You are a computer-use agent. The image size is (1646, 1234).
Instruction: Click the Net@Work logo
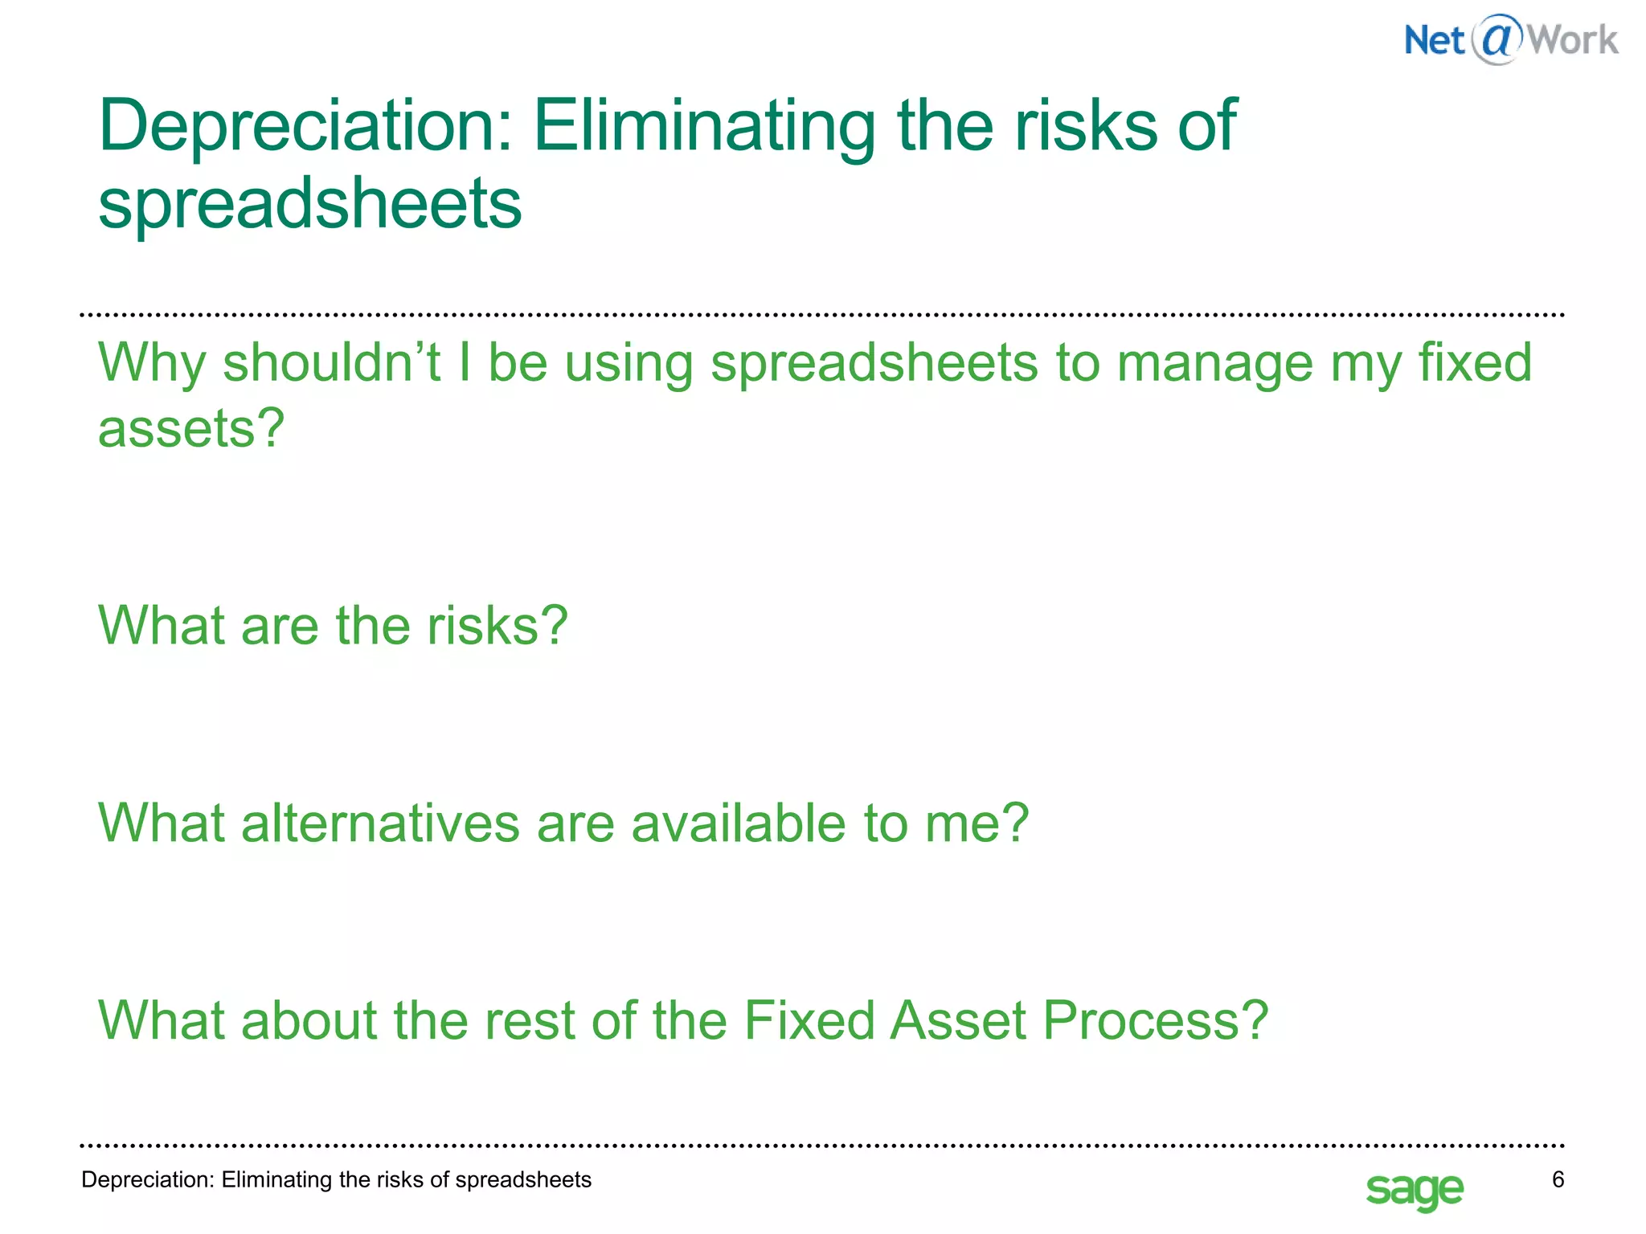pyautogui.click(x=1511, y=39)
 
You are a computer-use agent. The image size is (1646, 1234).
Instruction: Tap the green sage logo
pyautogui.click(x=1415, y=1190)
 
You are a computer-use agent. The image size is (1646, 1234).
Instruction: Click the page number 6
pyautogui.click(x=1558, y=1179)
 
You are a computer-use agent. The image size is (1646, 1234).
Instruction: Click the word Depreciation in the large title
pyautogui.click(x=305, y=126)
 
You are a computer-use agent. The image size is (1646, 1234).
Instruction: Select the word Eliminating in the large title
pyautogui.click(x=704, y=126)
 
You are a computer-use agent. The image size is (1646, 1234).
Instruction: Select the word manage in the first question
pyautogui.click(x=1214, y=363)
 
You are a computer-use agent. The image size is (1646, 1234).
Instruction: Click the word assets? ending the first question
pyautogui.click(x=191, y=428)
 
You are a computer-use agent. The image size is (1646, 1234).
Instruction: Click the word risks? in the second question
pyautogui.click(x=497, y=626)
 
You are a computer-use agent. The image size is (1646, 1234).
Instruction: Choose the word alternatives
pyautogui.click(x=380, y=823)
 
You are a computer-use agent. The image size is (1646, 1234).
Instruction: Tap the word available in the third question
pyautogui.click(x=738, y=823)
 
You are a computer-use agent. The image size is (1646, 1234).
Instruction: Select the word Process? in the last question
pyautogui.click(x=1155, y=1020)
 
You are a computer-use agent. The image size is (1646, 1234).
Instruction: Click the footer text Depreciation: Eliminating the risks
pyautogui.click(x=336, y=1179)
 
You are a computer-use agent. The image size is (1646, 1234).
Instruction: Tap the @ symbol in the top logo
pyautogui.click(x=1497, y=38)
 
